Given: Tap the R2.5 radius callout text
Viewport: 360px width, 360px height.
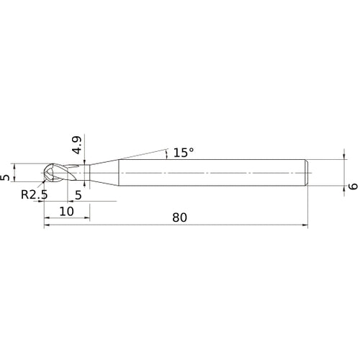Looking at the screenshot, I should pyautogui.click(x=34, y=194).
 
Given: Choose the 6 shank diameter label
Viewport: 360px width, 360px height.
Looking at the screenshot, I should pyautogui.click(x=353, y=186).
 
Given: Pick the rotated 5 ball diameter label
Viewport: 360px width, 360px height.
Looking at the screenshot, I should pyautogui.click(x=6, y=176).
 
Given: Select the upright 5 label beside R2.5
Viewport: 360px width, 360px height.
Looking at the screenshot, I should pyautogui.click(x=78, y=194).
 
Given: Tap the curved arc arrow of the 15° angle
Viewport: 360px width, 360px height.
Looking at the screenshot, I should pyautogui.click(x=167, y=153).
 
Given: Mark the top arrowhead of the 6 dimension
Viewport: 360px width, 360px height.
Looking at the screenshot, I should pyautogui.click(x=342, y=159).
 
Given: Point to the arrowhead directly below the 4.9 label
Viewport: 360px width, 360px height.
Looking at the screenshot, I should pyautogui.click(x=85, y=162).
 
